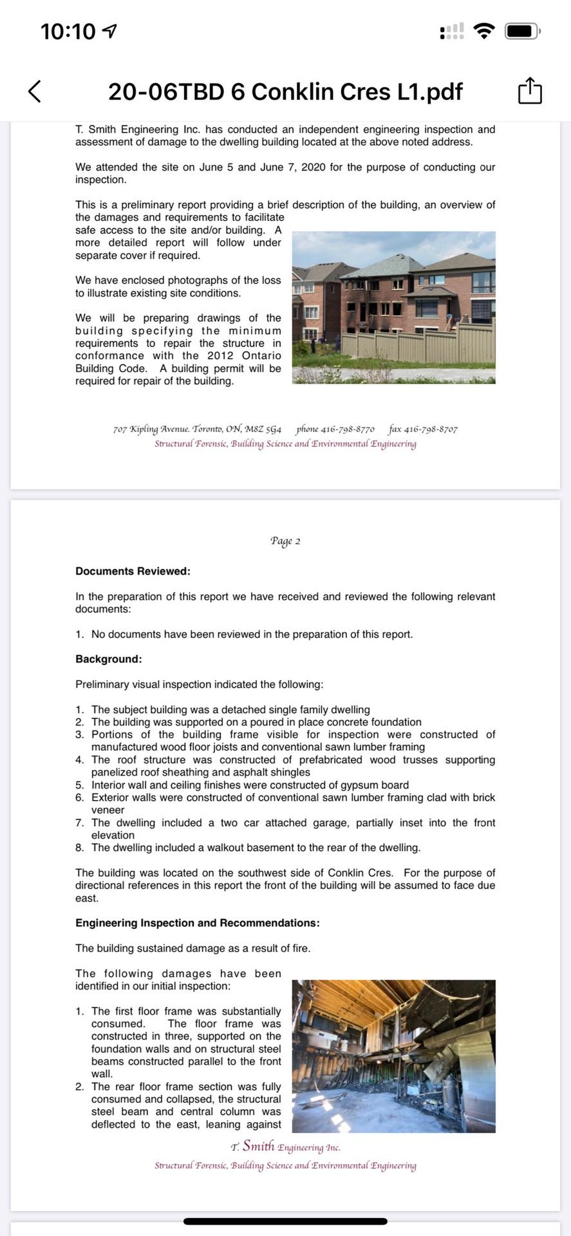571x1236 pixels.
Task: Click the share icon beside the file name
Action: tap(530, 91)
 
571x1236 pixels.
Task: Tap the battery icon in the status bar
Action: tap(522, 30)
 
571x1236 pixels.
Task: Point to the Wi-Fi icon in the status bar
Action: tap(483, 30)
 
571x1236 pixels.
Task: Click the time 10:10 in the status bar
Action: tap(68, 31)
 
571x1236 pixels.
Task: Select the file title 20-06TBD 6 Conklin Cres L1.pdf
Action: tap(285, 92)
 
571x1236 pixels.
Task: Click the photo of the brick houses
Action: tap(393, 308)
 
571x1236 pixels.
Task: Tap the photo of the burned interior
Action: tap(393, 1056)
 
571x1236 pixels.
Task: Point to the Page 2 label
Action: tap(285, 541)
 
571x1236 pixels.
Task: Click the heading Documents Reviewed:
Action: tap(133, 571)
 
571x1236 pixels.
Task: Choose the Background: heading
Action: tap(109, 659)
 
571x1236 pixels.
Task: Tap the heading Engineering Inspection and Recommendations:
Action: tap(197, 922)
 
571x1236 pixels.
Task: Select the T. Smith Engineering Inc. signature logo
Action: tap(285, 1147)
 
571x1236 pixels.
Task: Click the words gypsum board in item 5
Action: tap(379, 785)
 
